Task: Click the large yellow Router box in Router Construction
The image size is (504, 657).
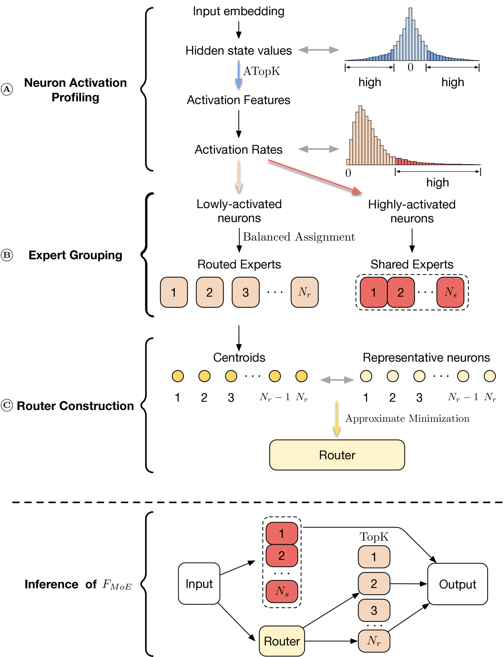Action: click(337, 455)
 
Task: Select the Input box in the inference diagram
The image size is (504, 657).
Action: click(199, 583)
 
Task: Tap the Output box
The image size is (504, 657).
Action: click(457, 584)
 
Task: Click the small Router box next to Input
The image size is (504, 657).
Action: click(282, 641)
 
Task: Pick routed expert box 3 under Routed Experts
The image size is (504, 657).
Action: click(246, 292)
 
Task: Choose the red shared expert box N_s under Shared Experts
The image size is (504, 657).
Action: click(450, 292)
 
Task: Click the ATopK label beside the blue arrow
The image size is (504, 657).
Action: click(262, 71)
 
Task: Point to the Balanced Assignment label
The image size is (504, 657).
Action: click(299, 237)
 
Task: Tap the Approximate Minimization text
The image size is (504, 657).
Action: click(407, 419)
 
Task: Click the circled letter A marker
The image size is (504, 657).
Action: click(7, 89)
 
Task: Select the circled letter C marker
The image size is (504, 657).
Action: click(7, 406)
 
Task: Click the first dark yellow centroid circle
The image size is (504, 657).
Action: click(178, 376)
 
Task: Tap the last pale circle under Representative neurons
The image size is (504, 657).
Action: click(489, 376)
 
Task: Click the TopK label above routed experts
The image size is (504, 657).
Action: click(374, 537)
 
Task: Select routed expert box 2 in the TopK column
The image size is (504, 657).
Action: click(374, 583)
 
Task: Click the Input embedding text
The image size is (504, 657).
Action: click(238, 11)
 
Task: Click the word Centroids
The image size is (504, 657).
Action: click(239, 358)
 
